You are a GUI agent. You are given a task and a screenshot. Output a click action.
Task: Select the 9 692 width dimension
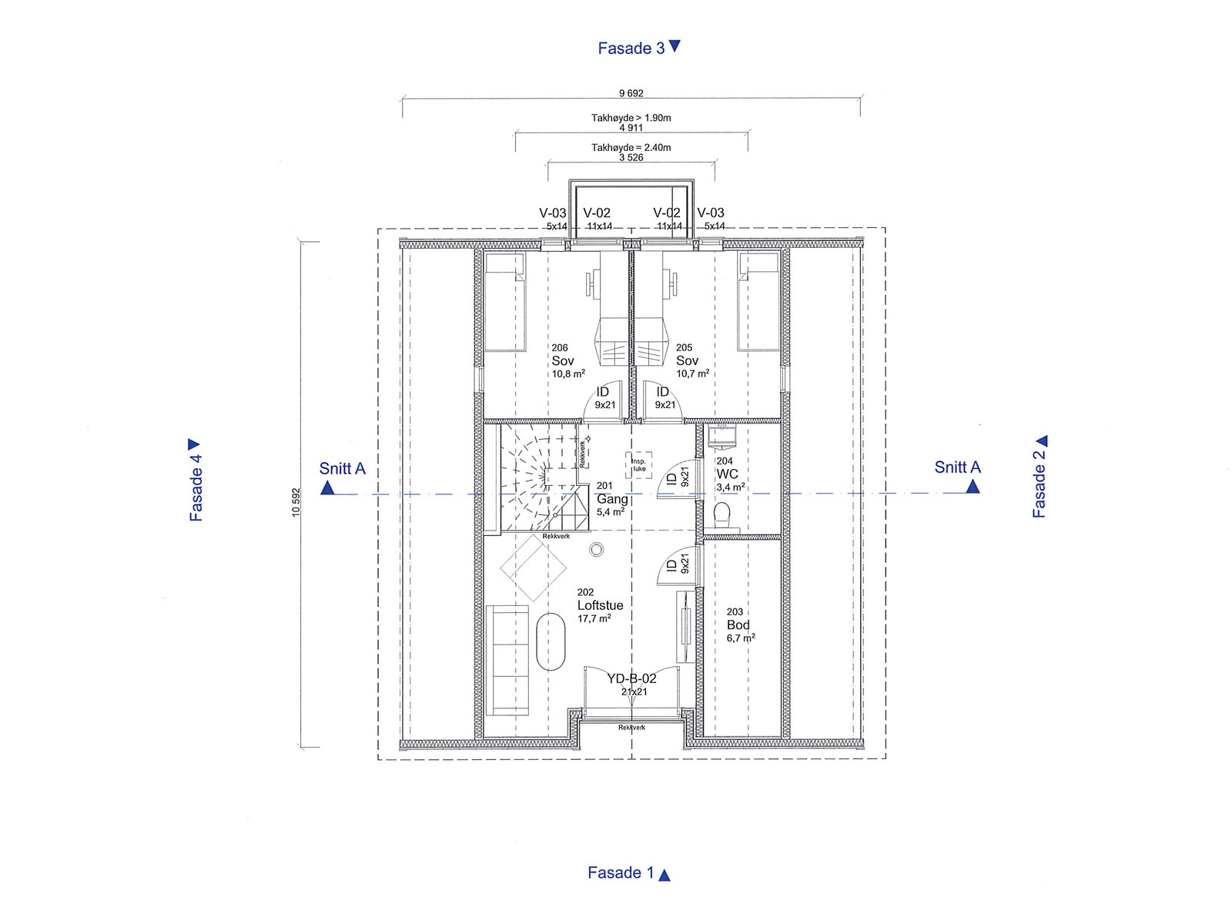coord(631,93)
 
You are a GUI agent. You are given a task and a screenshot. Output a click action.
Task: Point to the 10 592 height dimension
coord(296,502)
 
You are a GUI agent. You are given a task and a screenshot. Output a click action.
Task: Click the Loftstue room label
coord(600,605)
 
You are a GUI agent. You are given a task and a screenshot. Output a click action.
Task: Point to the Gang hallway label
coord(612,499)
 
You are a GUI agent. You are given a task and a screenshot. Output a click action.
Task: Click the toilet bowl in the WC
coord(721,514)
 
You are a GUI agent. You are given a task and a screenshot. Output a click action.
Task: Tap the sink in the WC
coord(721,436)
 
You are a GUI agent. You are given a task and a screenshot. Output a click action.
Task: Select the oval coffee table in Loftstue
coord(551,642)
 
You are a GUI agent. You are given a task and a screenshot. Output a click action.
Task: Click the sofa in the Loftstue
coord(507,661)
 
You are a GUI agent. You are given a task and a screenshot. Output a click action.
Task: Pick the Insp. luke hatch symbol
coord(639,465)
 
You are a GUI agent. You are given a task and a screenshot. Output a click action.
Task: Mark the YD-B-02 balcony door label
coord(631,679)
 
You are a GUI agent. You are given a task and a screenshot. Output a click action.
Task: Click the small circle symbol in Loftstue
coord(596,549)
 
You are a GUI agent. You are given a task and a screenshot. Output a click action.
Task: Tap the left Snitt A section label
coord(342,468)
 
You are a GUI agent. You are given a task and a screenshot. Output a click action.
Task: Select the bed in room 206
coord(504,302)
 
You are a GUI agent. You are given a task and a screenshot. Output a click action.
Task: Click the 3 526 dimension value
coord(631,158)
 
